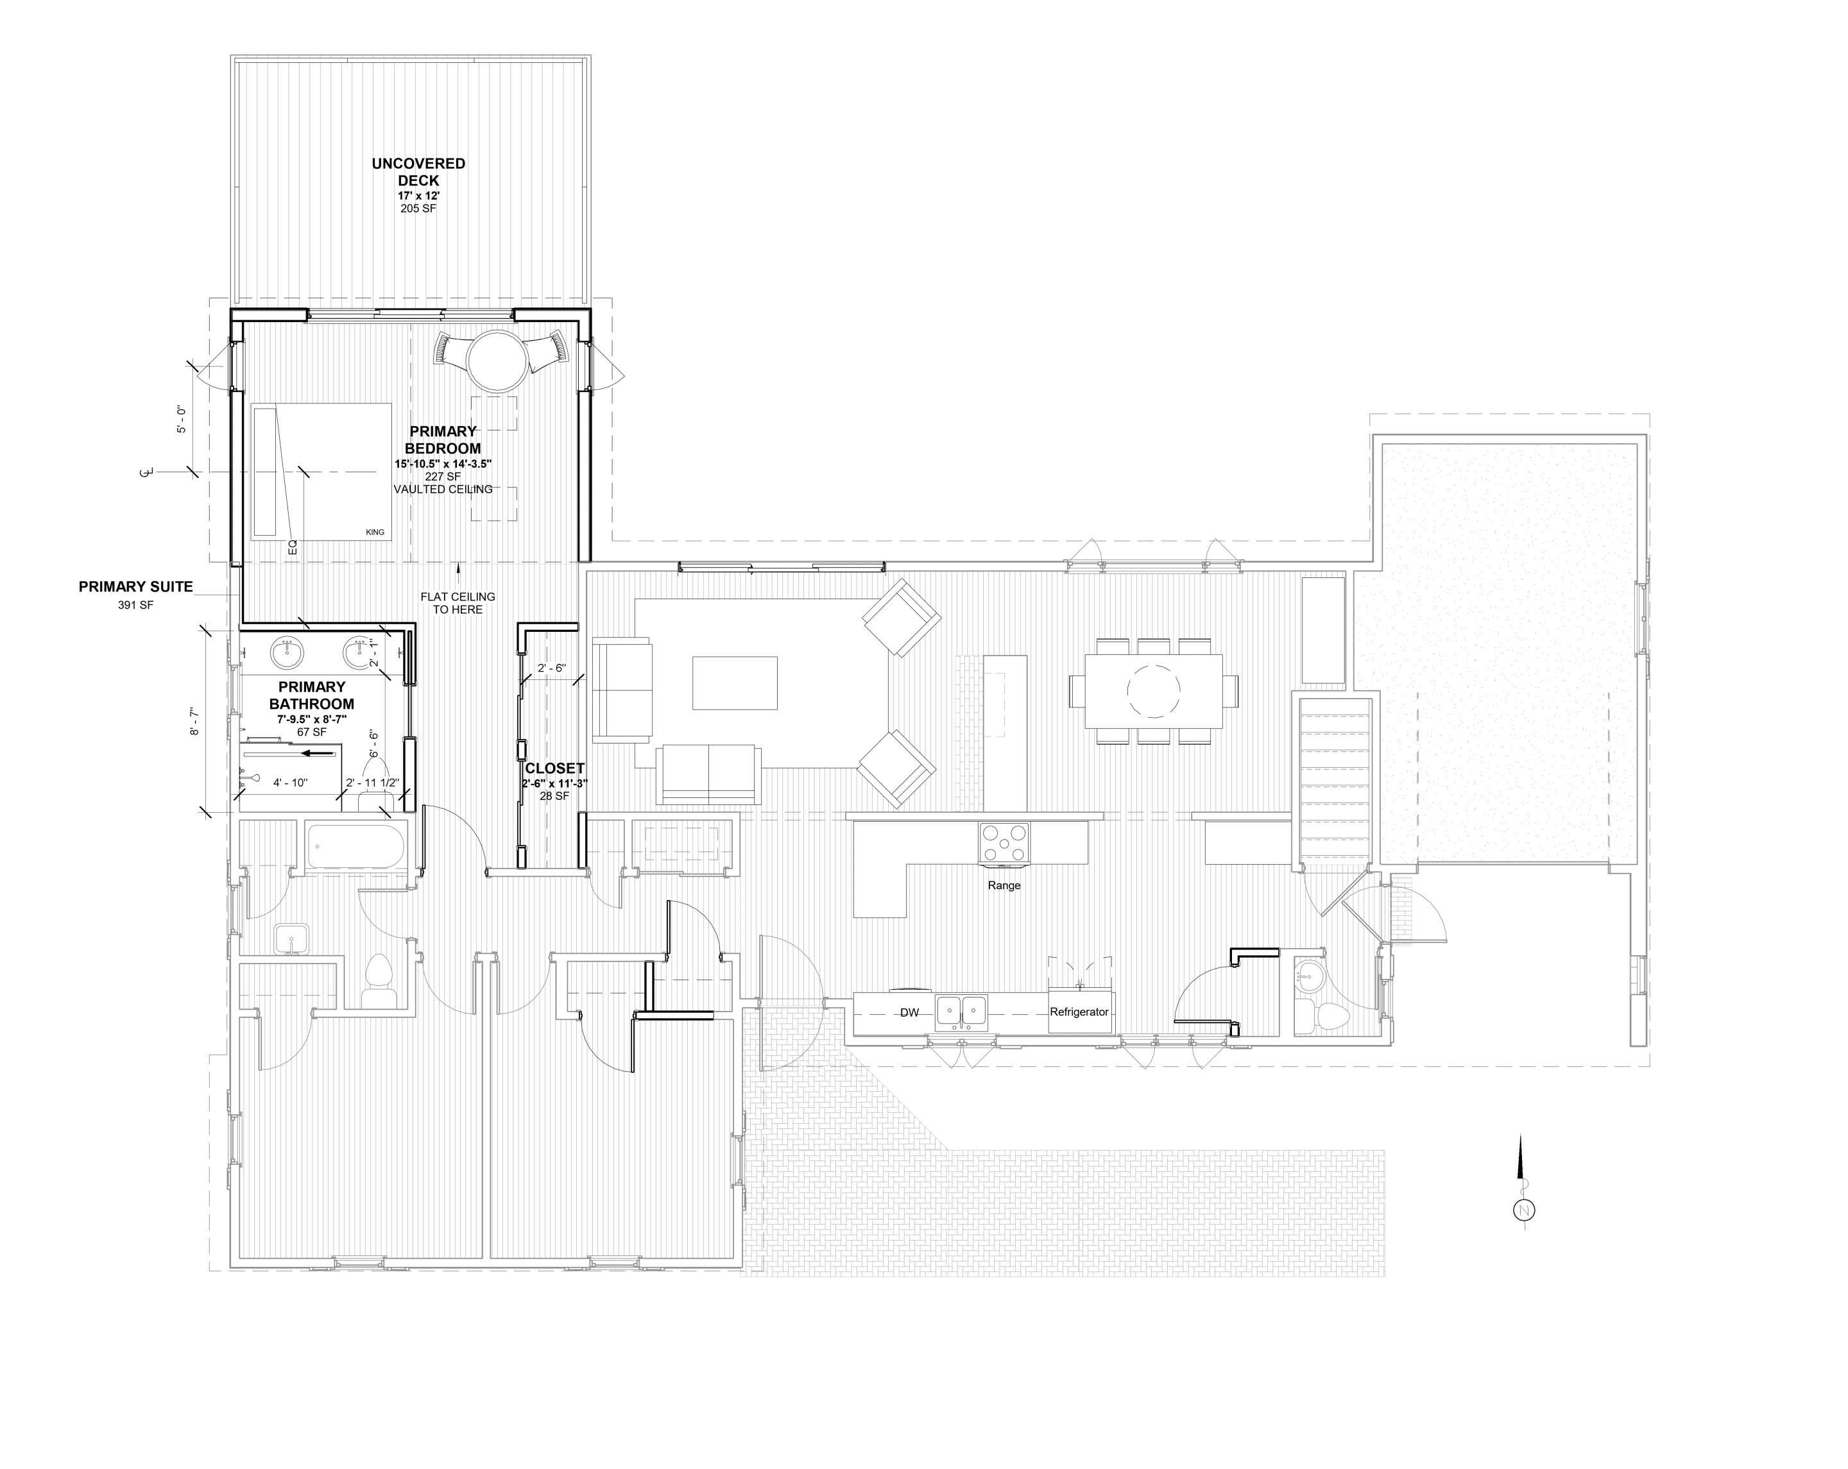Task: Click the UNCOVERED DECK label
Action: [x=418, y=171]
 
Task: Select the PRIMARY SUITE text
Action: [x=135, y=587]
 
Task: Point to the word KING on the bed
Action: [x=375, y=532]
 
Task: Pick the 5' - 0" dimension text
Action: [x=182, y=418]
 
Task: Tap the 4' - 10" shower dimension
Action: [x=290, y=783]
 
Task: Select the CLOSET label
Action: [x=554, y=768]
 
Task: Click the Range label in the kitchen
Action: [x=1004, y=885]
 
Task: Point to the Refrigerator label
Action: [x=1079, y=1012]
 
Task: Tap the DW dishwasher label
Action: [x=909, y=1013]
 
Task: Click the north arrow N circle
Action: [x=1524, y=1211]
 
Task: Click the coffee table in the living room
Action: [x=735, y=683]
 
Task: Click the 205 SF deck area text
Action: [x=418, y=208]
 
